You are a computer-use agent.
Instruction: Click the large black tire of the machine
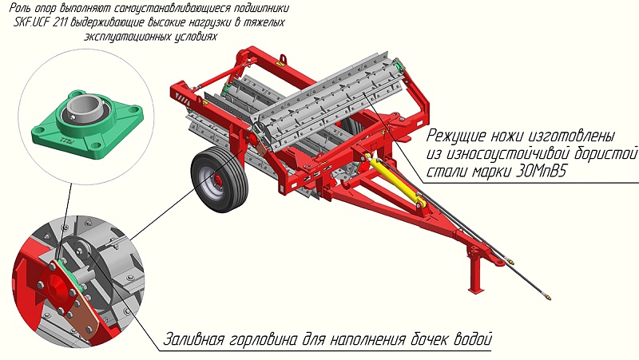(219, 180)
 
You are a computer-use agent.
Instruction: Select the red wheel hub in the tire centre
(217, 181)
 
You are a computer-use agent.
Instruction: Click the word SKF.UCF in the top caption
(31, 22)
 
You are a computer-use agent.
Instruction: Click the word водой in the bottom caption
(472, 338)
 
